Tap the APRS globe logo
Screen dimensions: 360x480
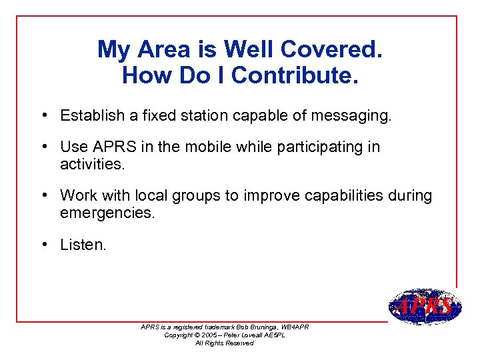(x=424, y=307)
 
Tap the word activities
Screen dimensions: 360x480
(x=91, y=164)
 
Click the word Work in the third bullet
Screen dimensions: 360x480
(x=77, y=195)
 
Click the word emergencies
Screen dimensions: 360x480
(x=107, y=213)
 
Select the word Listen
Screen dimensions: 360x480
(x=83, y=245)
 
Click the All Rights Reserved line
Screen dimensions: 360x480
(x=224, y=343)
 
